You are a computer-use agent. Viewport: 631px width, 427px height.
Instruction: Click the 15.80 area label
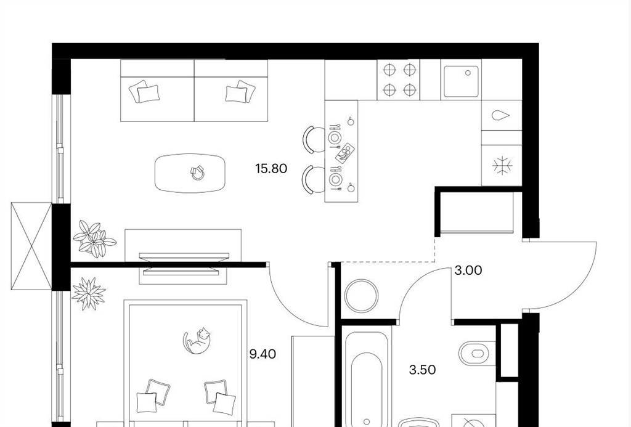point(271,168)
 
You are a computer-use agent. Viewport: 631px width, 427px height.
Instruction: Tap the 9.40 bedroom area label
point(263,354)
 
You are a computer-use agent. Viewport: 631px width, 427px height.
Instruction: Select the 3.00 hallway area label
point(468,270)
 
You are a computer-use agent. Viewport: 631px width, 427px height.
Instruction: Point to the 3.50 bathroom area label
point(422,370)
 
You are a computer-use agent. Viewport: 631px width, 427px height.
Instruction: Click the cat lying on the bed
point(198,341)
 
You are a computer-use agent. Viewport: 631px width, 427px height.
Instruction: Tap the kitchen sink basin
point(461,82)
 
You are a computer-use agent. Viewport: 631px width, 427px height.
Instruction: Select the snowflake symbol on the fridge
point(503,165)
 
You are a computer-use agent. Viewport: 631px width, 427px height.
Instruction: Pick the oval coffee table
point(190,173)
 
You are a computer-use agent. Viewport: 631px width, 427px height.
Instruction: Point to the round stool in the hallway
point(361,296)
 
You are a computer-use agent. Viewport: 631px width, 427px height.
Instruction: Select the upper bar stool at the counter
point(314,139)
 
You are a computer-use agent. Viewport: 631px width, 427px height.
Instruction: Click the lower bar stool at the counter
point(314,179)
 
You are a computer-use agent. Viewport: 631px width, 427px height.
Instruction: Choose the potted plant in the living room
point(94,238)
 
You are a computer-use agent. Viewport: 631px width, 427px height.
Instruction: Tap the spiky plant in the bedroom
point(89,294)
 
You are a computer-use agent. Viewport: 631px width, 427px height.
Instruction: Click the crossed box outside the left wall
point(31,246)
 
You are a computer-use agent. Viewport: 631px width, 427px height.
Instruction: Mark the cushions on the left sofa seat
point(144,91)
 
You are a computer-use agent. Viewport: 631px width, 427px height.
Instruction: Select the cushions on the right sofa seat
point(240,91)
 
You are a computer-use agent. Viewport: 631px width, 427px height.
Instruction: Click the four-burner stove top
point(399,79)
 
